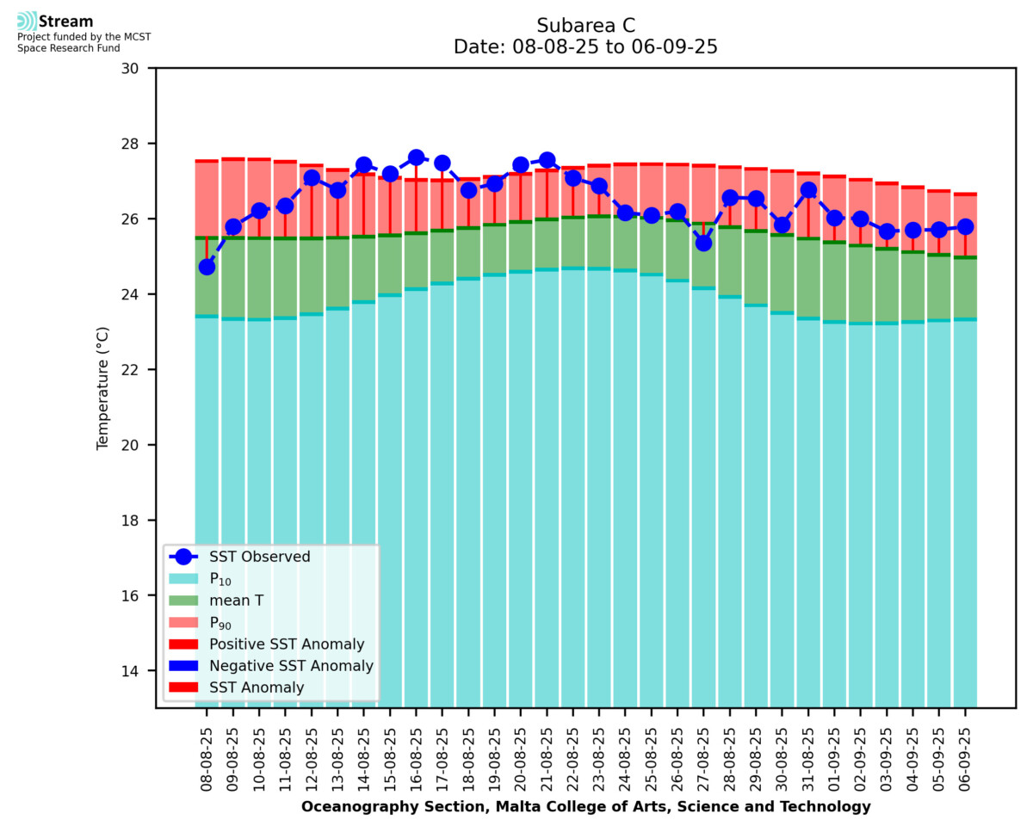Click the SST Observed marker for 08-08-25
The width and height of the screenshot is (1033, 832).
[207, 267]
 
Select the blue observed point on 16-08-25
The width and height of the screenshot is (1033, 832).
[416, 157]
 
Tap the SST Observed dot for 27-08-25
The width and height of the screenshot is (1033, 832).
[703, 243]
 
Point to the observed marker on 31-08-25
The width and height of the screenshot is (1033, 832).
[808, 190]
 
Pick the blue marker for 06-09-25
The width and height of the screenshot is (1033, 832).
[965, 226]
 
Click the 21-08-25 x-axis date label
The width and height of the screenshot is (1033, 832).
[547, 757]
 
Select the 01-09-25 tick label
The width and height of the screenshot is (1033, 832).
[834, 757]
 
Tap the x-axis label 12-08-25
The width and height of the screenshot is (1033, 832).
[312, 757]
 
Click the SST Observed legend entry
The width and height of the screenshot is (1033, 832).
[259, 557]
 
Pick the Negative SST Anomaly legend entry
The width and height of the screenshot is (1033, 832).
[291, 666]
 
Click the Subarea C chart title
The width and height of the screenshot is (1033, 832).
[585, 25]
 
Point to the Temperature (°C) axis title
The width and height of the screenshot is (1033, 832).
[103, 387]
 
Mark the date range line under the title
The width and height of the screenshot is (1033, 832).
[585, 47]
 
